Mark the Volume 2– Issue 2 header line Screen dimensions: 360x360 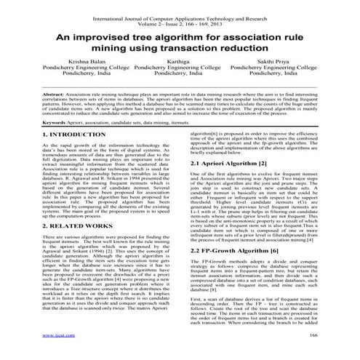pyautogui.click(x=179, y=14)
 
